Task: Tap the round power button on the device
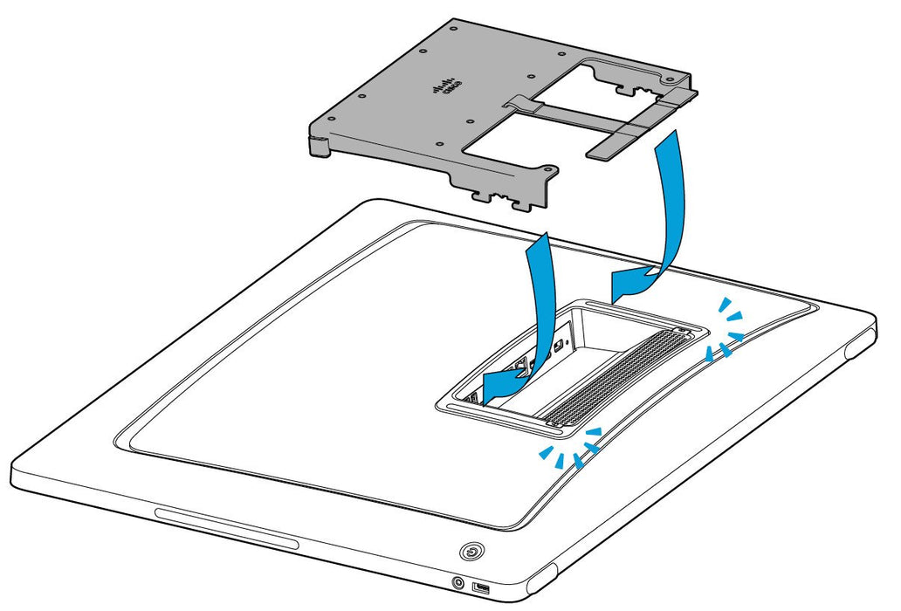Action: coord(471,552)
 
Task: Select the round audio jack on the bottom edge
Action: coord(457,582)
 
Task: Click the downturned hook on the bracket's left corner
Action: coord(320,148)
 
